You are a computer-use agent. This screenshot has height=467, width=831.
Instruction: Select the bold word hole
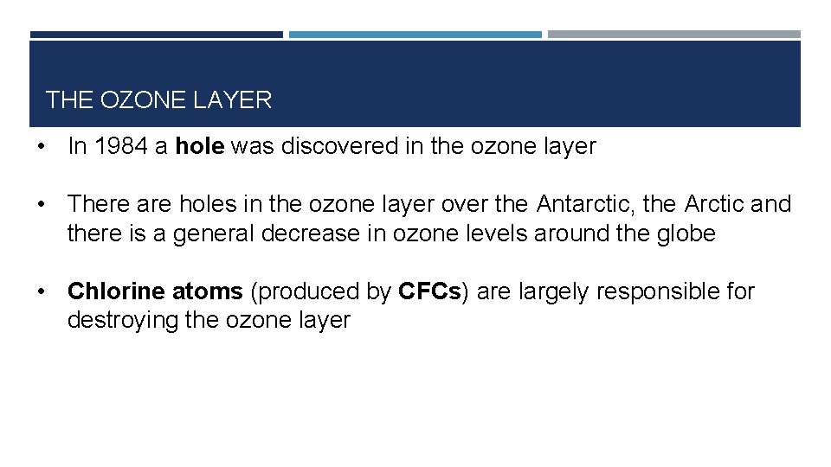tap(200, 147)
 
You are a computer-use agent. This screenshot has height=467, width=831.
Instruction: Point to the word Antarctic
tap(586, 205)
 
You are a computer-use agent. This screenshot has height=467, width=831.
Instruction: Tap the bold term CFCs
tap(430, 292)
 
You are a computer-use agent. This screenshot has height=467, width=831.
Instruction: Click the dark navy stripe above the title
tap(156, 35)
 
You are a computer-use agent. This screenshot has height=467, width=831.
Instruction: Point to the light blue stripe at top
tap(415, 35)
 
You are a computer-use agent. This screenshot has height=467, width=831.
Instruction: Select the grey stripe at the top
tap(673, 35)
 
